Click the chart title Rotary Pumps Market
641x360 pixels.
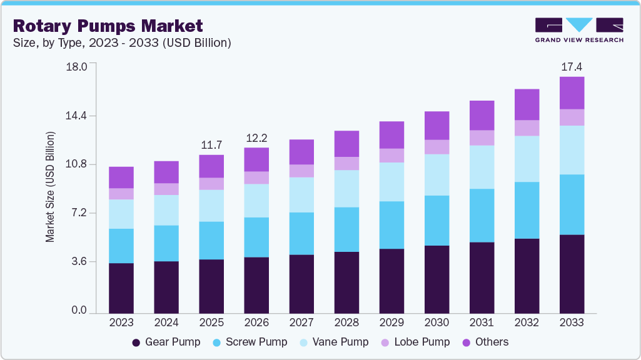(x=108, y=26)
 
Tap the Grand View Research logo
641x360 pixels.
(x=578, y=30)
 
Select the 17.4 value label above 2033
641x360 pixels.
(x=572, y=66)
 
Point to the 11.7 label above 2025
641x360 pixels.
(x=211, y=145)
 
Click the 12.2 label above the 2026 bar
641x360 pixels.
(x=256, y=137)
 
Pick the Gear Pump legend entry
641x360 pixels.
(x=166, y=342)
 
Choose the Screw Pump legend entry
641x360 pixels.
(x=250, y=342)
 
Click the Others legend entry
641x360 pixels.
(x=485, y=342)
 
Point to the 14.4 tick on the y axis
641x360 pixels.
(x=79, y=116)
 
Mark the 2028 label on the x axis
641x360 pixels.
(x=346, y=322)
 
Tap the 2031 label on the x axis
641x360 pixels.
(x=482, y=322)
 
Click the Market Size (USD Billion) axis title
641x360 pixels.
(x=50, y=187)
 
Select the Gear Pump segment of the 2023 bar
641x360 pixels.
(x=121, y=288)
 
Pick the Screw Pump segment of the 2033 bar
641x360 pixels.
(x=572, y=204)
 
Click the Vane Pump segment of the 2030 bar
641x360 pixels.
(x=437, y=175)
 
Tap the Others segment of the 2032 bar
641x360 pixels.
(x=527, y=104)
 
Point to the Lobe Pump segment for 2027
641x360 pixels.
(x=301, y=171)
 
